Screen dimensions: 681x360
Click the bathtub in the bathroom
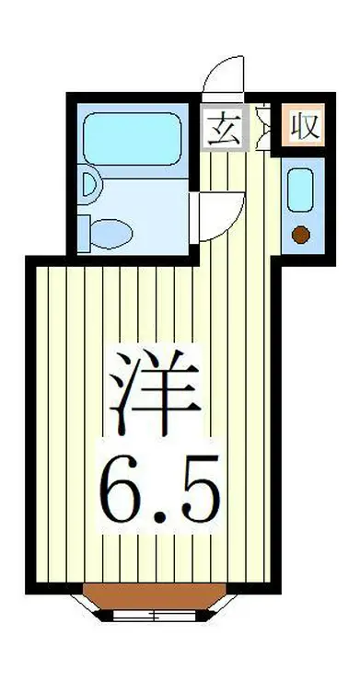(x=136, y=139)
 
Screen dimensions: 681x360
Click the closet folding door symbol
(x=261, y=129)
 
